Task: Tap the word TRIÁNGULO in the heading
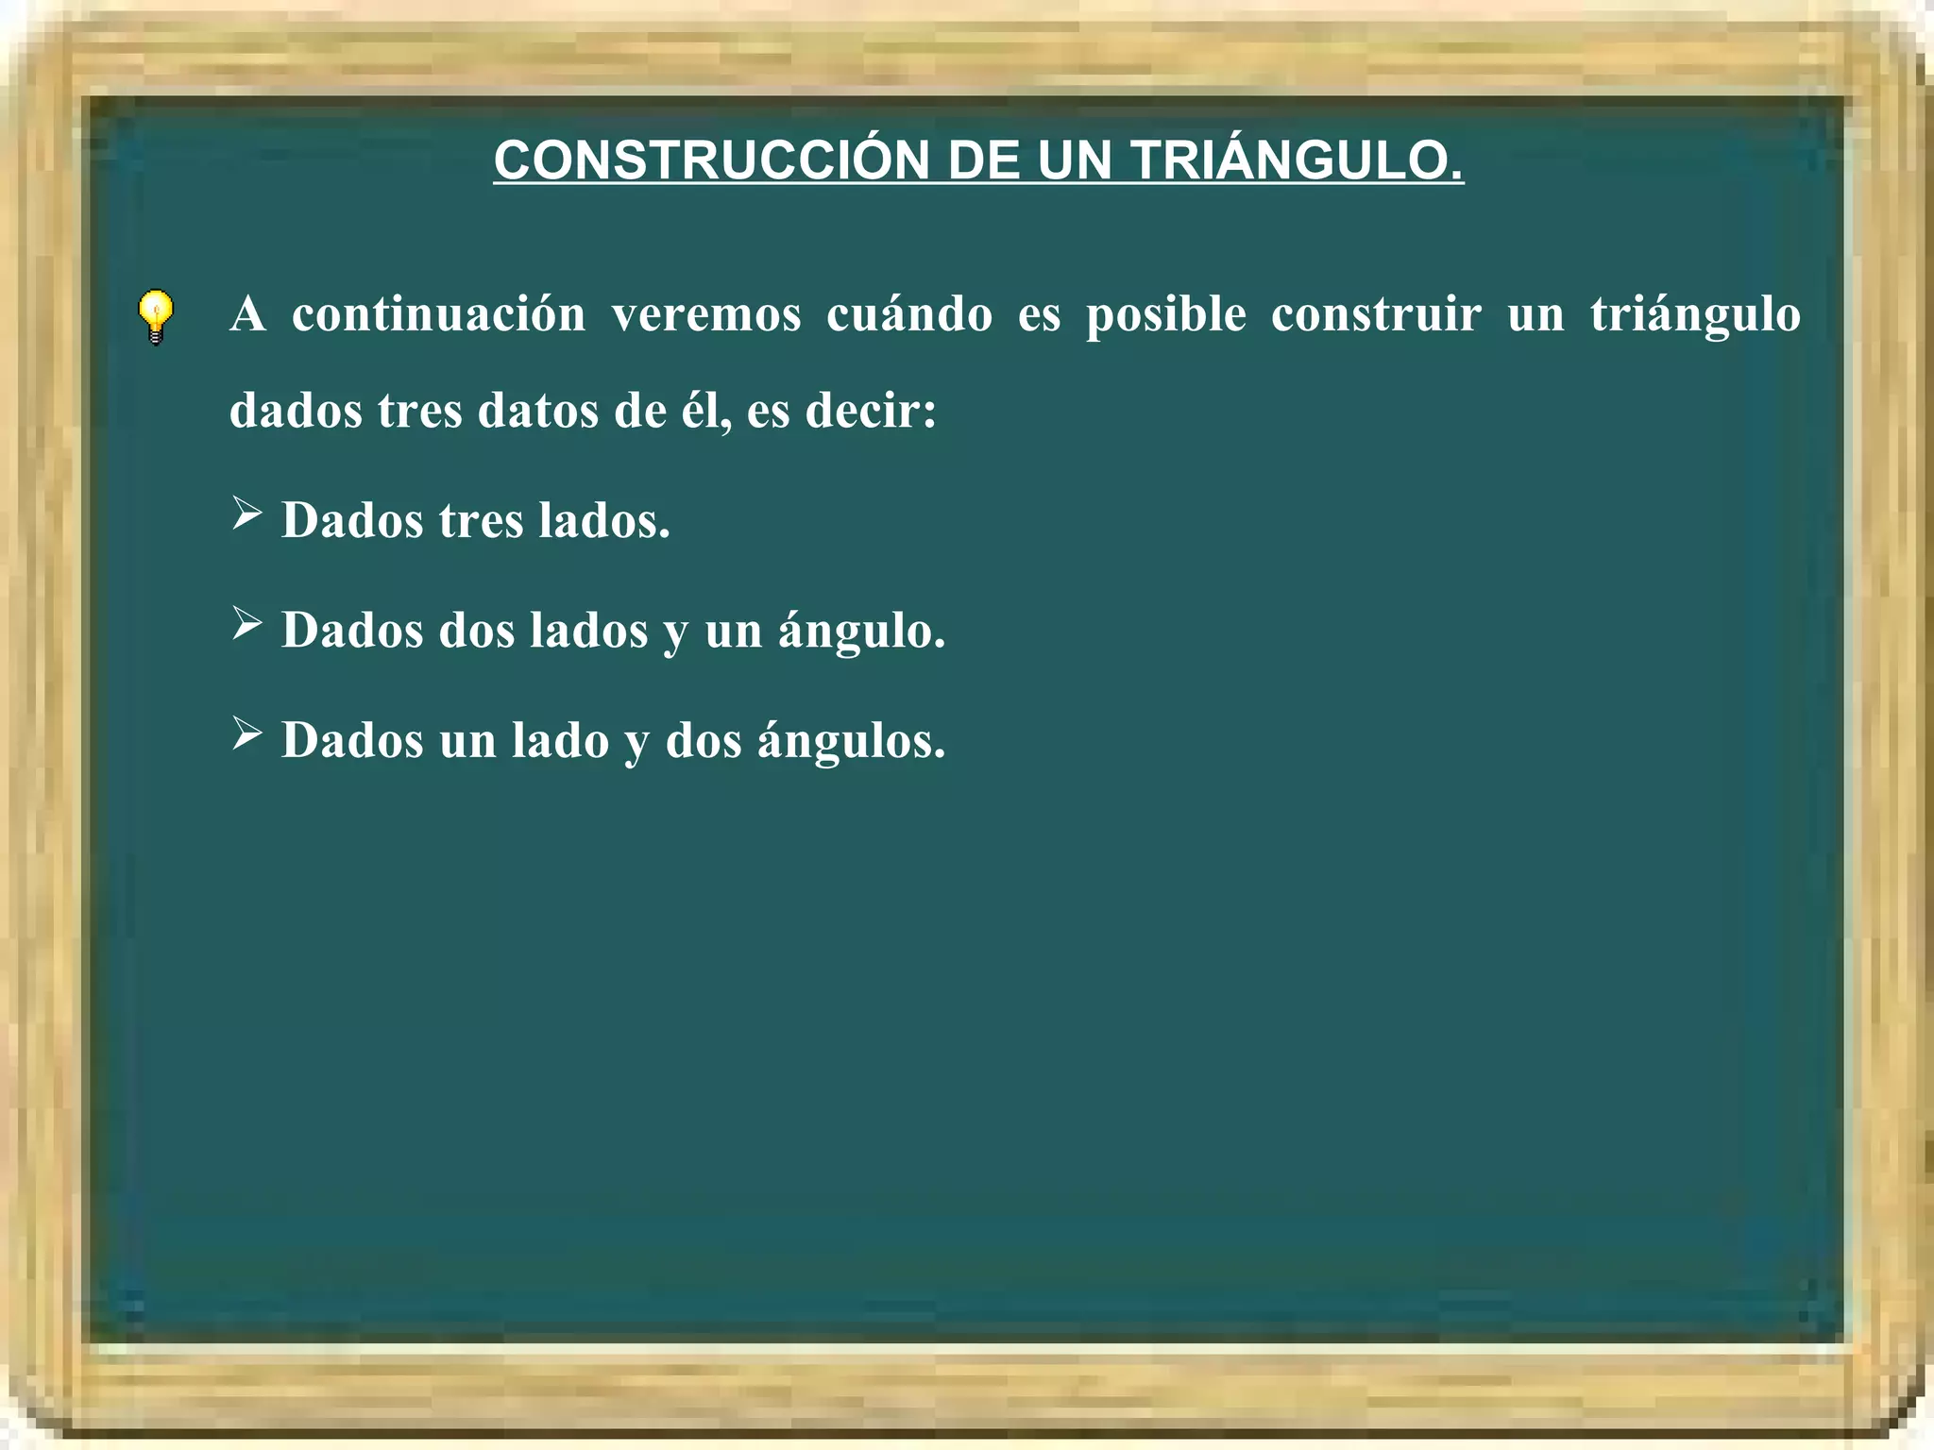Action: coord(1297,160)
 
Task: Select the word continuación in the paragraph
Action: coord(438,314)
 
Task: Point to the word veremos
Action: coord(705,314)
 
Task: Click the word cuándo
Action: coord(908,314)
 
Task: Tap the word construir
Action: coord(1376,314)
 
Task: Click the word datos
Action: coord(537,411)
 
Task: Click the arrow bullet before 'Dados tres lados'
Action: coord(246,514)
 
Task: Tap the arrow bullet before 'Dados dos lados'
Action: coord(246,623)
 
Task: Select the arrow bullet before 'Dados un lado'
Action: coord(246,733)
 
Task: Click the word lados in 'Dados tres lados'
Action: coord(603,520)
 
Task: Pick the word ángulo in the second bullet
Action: coord(860,632)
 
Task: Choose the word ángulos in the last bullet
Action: coord(850,741)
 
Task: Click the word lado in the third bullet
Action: coord(560,740)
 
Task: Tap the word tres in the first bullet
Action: coord(481,520)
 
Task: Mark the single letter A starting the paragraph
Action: coord(247,314)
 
